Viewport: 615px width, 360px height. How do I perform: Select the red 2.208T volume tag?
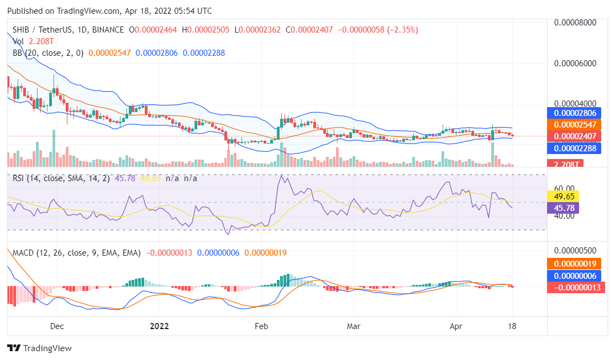[x=565, y=164]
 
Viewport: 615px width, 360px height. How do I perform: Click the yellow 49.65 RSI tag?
[x=561, y=196]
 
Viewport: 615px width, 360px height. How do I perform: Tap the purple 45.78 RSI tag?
[x=561, y=208]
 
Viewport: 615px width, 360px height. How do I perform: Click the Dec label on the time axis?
[x=57, y=326]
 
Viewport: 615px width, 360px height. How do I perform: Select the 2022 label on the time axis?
[x=159, y=326]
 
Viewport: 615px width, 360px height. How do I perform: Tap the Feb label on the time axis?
[x=261, y=326]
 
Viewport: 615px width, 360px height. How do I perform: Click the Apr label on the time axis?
[x=455, y=326]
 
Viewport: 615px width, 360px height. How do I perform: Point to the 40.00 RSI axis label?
[x=564, y=216]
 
